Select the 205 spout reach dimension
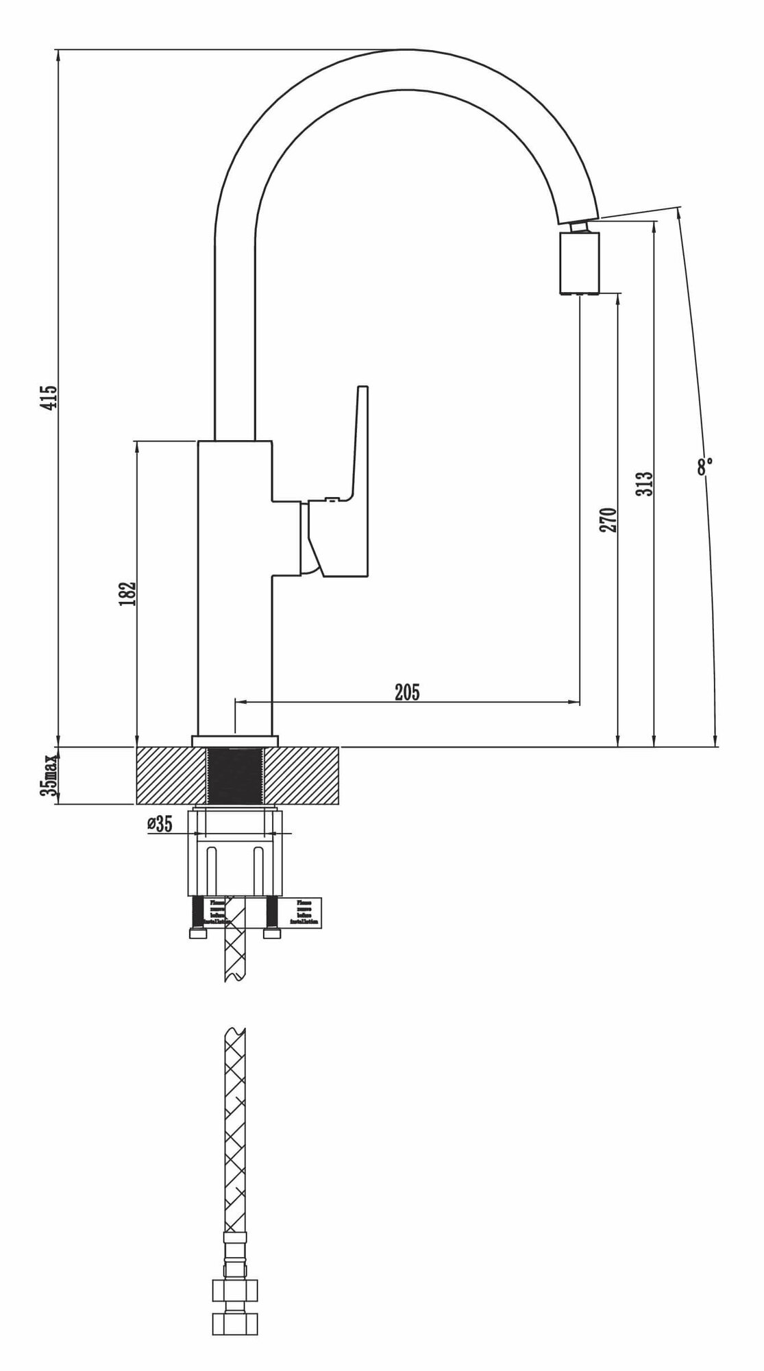pos(407,692)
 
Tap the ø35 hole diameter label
pos(159,823)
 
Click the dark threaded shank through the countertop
pos(234,775)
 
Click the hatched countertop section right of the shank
pos(301,775)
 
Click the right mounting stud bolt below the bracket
pos(273,915)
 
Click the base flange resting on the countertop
pos(235,740)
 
